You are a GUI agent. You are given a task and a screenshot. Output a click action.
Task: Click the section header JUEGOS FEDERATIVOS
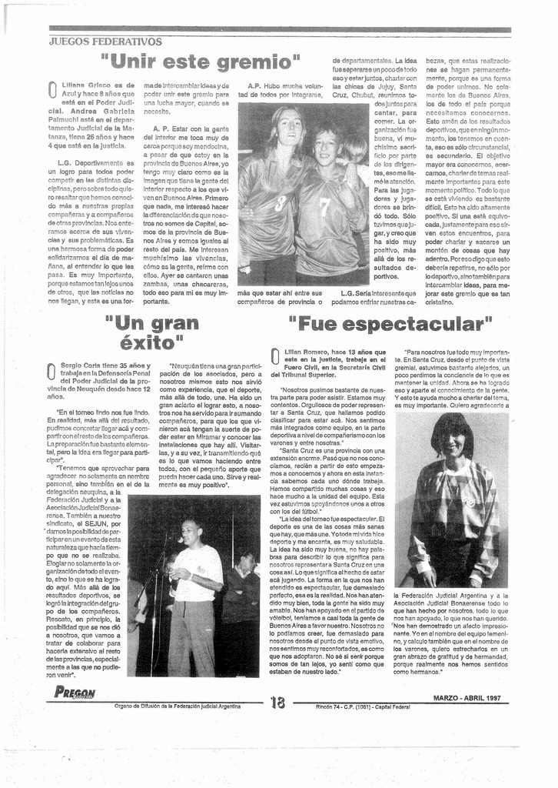click(105, 42)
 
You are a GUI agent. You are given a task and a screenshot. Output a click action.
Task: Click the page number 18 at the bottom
click(277, 702)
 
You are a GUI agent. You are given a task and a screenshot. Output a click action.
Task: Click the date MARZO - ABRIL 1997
click(467, 699)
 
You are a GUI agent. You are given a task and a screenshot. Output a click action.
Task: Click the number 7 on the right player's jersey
click(324, 206)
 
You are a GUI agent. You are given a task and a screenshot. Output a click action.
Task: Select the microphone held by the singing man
click(179, 539)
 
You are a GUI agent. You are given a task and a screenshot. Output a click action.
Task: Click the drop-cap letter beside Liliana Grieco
click(51, 91)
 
